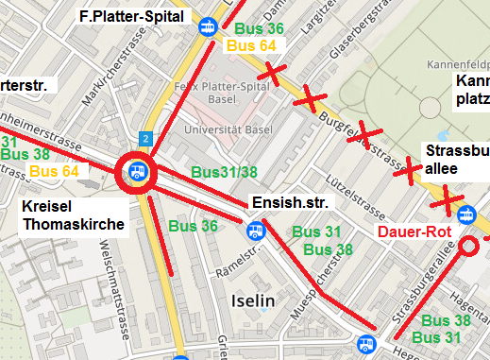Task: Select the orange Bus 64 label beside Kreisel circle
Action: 55,171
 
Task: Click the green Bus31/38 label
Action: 224,172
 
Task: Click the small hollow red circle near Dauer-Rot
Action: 469,248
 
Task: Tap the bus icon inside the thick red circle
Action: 137,173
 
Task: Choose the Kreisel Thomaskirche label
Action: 72,214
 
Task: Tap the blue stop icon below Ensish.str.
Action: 255,230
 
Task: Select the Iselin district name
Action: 252,300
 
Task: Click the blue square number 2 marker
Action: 144,138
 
